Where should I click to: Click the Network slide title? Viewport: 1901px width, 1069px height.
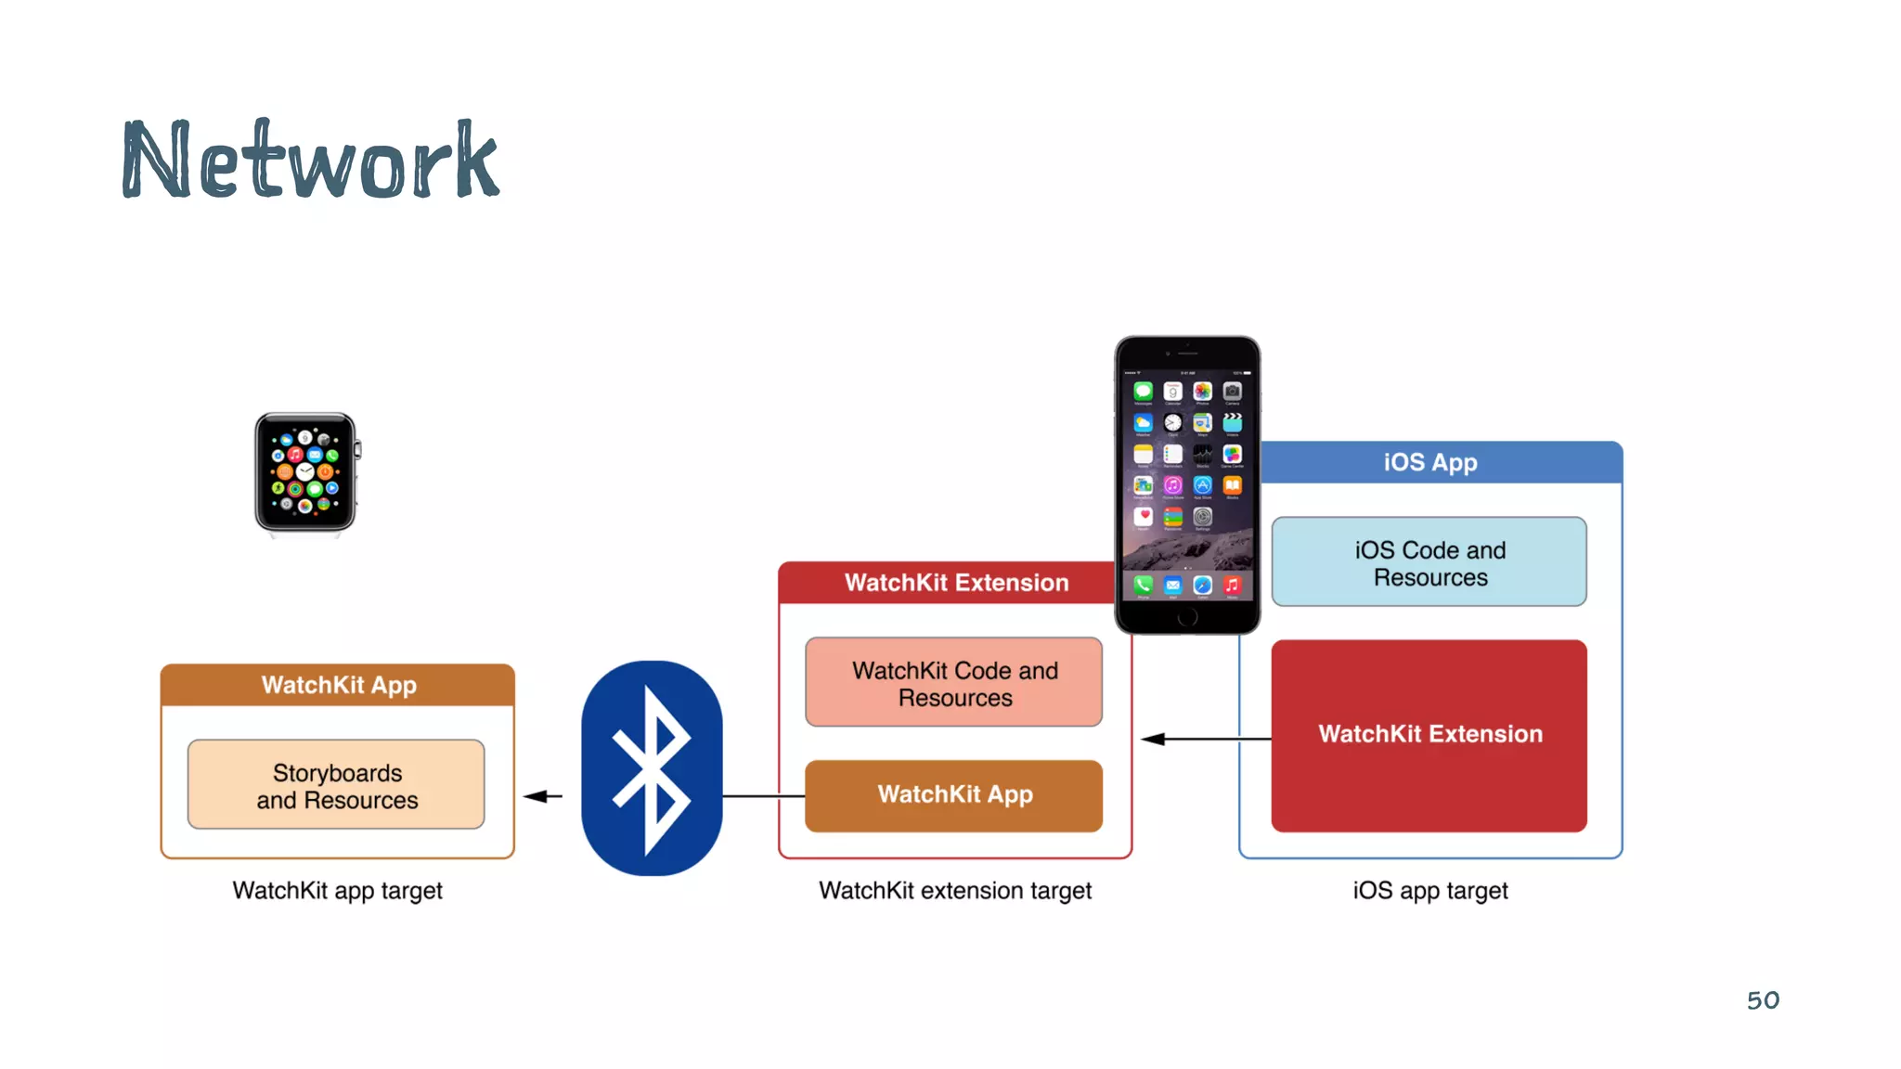(311, 160)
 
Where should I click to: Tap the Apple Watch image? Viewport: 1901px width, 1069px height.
(305, 472)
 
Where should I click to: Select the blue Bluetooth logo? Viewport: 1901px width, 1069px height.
(652, 767)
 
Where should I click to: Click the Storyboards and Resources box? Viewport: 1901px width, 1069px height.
(336, 785)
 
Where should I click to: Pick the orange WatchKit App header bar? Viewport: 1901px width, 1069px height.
(338, 685)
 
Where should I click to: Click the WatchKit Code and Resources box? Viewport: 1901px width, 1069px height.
(954, 683)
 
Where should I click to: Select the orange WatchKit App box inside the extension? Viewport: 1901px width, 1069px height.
(954, 795)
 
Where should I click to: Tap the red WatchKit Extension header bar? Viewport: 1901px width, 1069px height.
(947, 583)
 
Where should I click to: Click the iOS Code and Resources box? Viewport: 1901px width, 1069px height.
(1429, 562)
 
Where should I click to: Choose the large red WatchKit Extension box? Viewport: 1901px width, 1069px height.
(1429, 735)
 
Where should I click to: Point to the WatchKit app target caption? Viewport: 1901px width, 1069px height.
(337, 891)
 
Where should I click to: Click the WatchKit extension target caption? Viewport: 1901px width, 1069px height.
(954, 891)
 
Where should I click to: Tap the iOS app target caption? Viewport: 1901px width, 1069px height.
(1429, 891)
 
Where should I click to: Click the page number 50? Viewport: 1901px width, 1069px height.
(1763, 1000)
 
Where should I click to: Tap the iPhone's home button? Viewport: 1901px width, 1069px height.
(1187, 618)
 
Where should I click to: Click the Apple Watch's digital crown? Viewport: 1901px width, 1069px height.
(358, 451)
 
